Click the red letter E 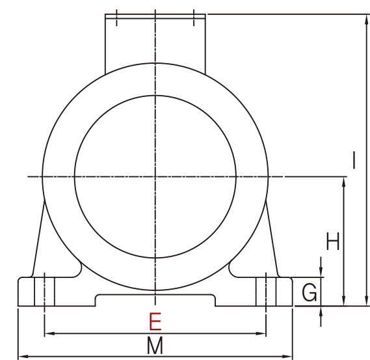tap(155, 322)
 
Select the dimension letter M tap(155, 346)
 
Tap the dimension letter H tap(333, 242)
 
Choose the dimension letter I tap(354, 160)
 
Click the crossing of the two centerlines tap(155, 176)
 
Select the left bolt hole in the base tap(44, 291)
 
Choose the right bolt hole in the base tap(266, 291)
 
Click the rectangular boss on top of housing tap(155, 39)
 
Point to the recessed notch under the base tap(155, 300)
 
